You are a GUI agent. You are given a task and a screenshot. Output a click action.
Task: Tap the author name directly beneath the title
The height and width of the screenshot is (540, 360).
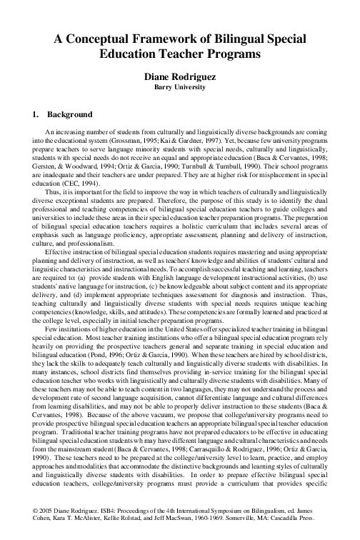coord(179,76)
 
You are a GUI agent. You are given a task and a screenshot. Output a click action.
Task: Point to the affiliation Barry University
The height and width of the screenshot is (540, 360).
coord(179,86)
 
